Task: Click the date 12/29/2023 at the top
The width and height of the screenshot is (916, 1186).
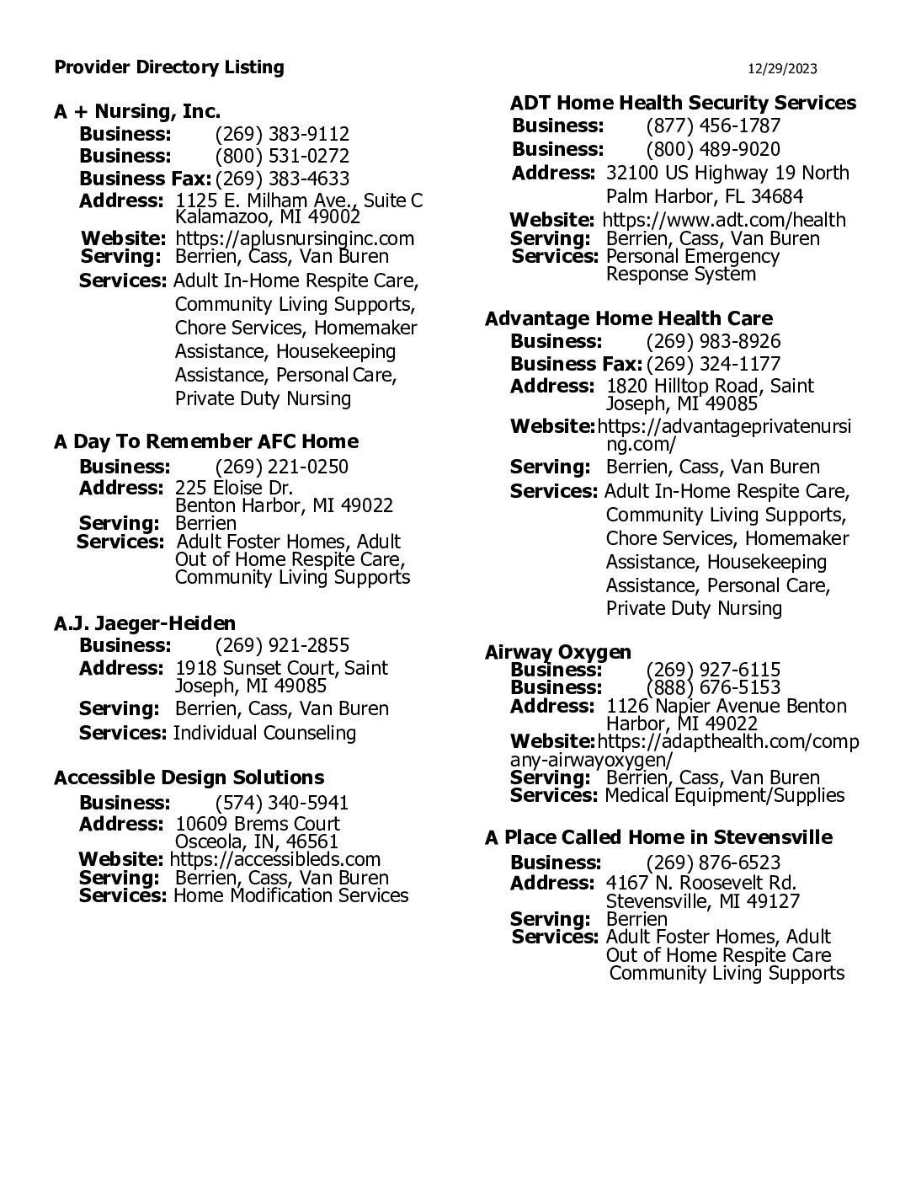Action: tap(782, 69)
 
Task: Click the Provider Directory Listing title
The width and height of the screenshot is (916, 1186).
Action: tap(169, 67)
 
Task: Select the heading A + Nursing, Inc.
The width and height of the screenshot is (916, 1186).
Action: tap(137, 111)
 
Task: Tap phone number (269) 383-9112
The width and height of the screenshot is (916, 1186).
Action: tap(282, 134)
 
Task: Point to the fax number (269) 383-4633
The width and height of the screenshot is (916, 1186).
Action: tap(282, 179)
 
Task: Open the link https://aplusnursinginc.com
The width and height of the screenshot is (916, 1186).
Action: tap(295, 238)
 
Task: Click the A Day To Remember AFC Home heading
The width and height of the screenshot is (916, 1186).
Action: tap(206, 441)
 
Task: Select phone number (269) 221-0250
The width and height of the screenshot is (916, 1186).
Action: tap(282, 467)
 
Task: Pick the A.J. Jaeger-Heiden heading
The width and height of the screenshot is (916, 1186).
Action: tap(145, 623)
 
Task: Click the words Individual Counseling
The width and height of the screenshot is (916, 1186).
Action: tap(264, 733)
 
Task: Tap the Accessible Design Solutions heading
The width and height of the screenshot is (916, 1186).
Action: tap(189, 777)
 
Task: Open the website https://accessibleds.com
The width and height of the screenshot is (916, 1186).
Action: tap(275, 859)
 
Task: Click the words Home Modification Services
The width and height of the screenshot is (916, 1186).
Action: tap(290, 895)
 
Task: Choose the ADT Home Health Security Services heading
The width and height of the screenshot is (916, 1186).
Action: tap(683, 103)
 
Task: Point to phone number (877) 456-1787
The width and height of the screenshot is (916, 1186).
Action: tap(713, 126)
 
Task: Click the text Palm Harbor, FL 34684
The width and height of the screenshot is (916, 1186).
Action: tap(705, 196)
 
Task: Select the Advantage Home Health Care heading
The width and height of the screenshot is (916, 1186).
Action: tap(629, 318)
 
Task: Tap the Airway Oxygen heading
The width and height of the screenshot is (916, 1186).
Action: tap(558, 652)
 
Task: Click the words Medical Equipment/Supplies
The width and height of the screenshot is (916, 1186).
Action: tap(725, 795)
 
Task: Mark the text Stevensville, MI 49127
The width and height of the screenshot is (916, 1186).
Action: tap(703, 901)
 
